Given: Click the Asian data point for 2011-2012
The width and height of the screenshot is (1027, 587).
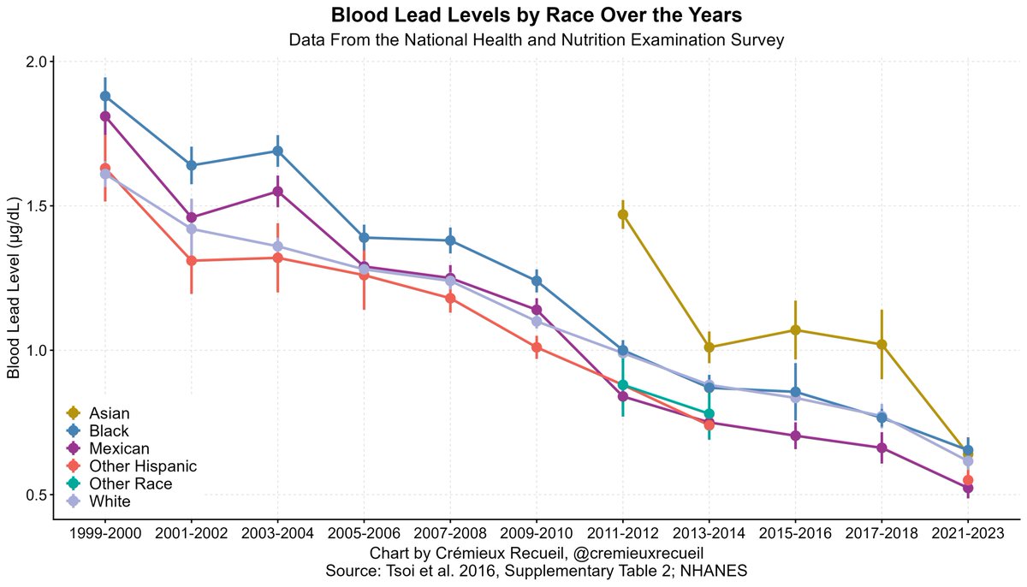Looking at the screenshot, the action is coord(623,214).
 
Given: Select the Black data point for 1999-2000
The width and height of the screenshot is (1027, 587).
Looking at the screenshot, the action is coord(105,96).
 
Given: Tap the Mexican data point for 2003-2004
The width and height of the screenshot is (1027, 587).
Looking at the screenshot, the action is coord(277,191).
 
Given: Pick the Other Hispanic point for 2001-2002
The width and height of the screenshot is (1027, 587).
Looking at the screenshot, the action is coord(191,261).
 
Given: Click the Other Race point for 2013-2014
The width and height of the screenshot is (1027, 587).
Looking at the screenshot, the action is coord(709,414).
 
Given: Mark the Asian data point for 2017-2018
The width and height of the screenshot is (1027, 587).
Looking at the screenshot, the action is coord(882,344).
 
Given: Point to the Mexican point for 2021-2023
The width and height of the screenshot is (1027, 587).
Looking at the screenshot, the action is coord(967,488).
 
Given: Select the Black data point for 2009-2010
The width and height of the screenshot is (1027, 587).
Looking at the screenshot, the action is coord(537,281).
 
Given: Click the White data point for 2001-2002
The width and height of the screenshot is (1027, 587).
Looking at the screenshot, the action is coord(191,228).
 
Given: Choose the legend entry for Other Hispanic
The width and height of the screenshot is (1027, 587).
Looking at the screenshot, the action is coord(132,466).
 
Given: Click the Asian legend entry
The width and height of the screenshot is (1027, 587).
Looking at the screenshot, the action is coord(98,413).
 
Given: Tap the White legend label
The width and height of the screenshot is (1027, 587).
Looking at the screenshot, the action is coord(110,501).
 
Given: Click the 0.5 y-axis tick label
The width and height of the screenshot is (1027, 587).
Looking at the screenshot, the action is coord(36,495).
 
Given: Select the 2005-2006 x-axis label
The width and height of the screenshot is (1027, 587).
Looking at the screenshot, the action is coord(364,533).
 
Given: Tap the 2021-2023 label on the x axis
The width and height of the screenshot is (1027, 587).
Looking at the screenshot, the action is coord(967,533).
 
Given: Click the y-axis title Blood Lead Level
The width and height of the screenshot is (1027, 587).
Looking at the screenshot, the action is coord(15,288).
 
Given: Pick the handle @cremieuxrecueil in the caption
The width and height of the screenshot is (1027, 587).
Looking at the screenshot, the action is coord(638,553).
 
